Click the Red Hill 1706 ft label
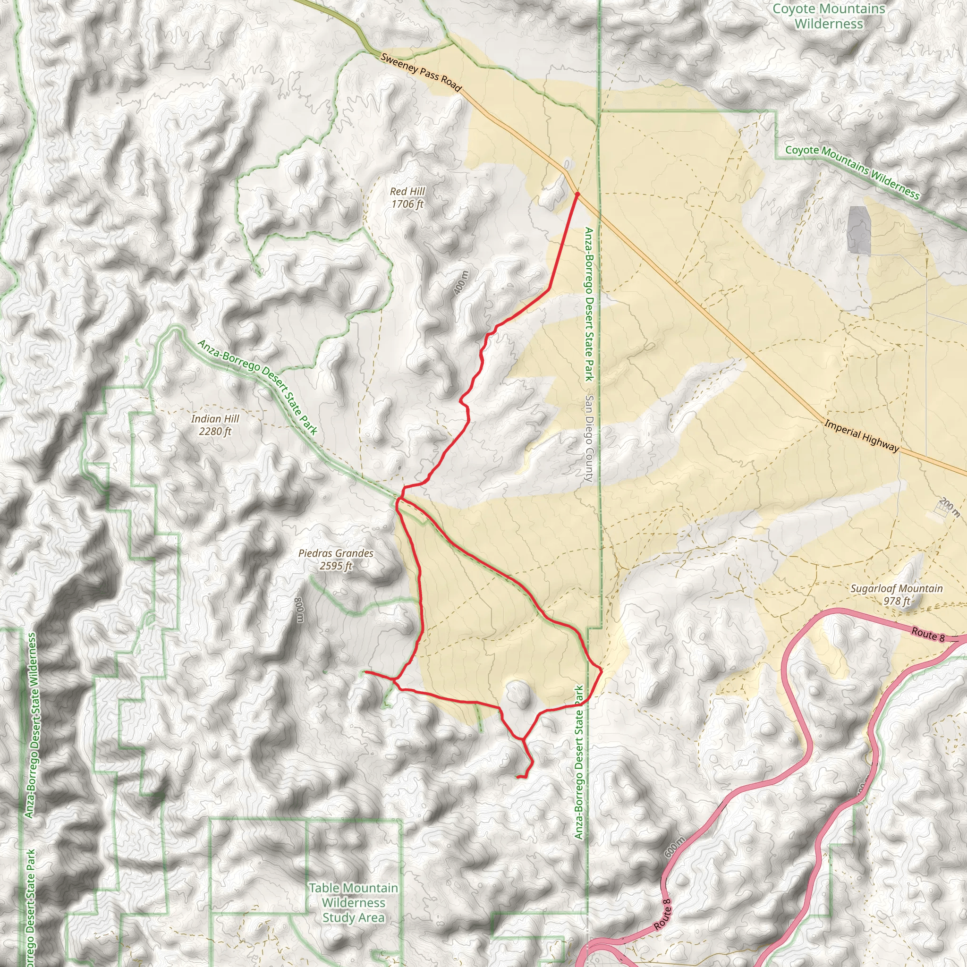(x=407, y=198)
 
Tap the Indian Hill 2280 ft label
(x=215, y=425)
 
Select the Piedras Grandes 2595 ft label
(x=336, y=559)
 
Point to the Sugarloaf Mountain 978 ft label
(x=897, y=594)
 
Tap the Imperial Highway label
(x=861, y=436)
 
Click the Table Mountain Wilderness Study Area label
(x=353, y=902)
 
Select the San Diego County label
(x=589, y=439)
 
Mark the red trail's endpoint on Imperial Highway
(x=577, y=193)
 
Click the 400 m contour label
(x=461, y=282)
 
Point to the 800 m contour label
(x=299, y=610)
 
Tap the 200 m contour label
(x=949, y=507)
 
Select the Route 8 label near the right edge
(x=927, y=634)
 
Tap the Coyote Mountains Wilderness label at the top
(x=828, y=16)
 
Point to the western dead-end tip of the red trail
(x=365, y=672)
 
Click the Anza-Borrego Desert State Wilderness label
(x=31, y=726)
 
